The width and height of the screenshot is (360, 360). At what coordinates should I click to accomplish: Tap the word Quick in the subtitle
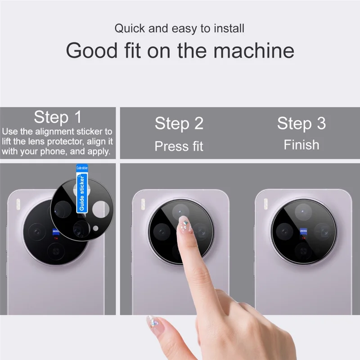point(130,28)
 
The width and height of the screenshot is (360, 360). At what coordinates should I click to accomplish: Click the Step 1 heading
point(58,117)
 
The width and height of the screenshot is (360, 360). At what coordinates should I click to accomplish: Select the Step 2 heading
point(179,123)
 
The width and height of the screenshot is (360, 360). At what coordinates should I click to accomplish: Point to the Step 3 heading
point(301,123)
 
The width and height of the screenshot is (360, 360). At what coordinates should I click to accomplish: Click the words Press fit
point(179,146)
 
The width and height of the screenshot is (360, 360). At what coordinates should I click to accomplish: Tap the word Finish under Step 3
point(301,145)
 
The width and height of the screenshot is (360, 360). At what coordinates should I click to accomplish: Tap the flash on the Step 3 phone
point(265,203)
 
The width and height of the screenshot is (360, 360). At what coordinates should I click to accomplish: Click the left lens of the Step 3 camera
point(284,231)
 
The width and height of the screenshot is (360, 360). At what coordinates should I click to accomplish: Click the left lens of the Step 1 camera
point(36,232)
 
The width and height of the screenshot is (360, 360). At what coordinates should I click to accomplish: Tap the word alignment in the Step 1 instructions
point(56,132)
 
